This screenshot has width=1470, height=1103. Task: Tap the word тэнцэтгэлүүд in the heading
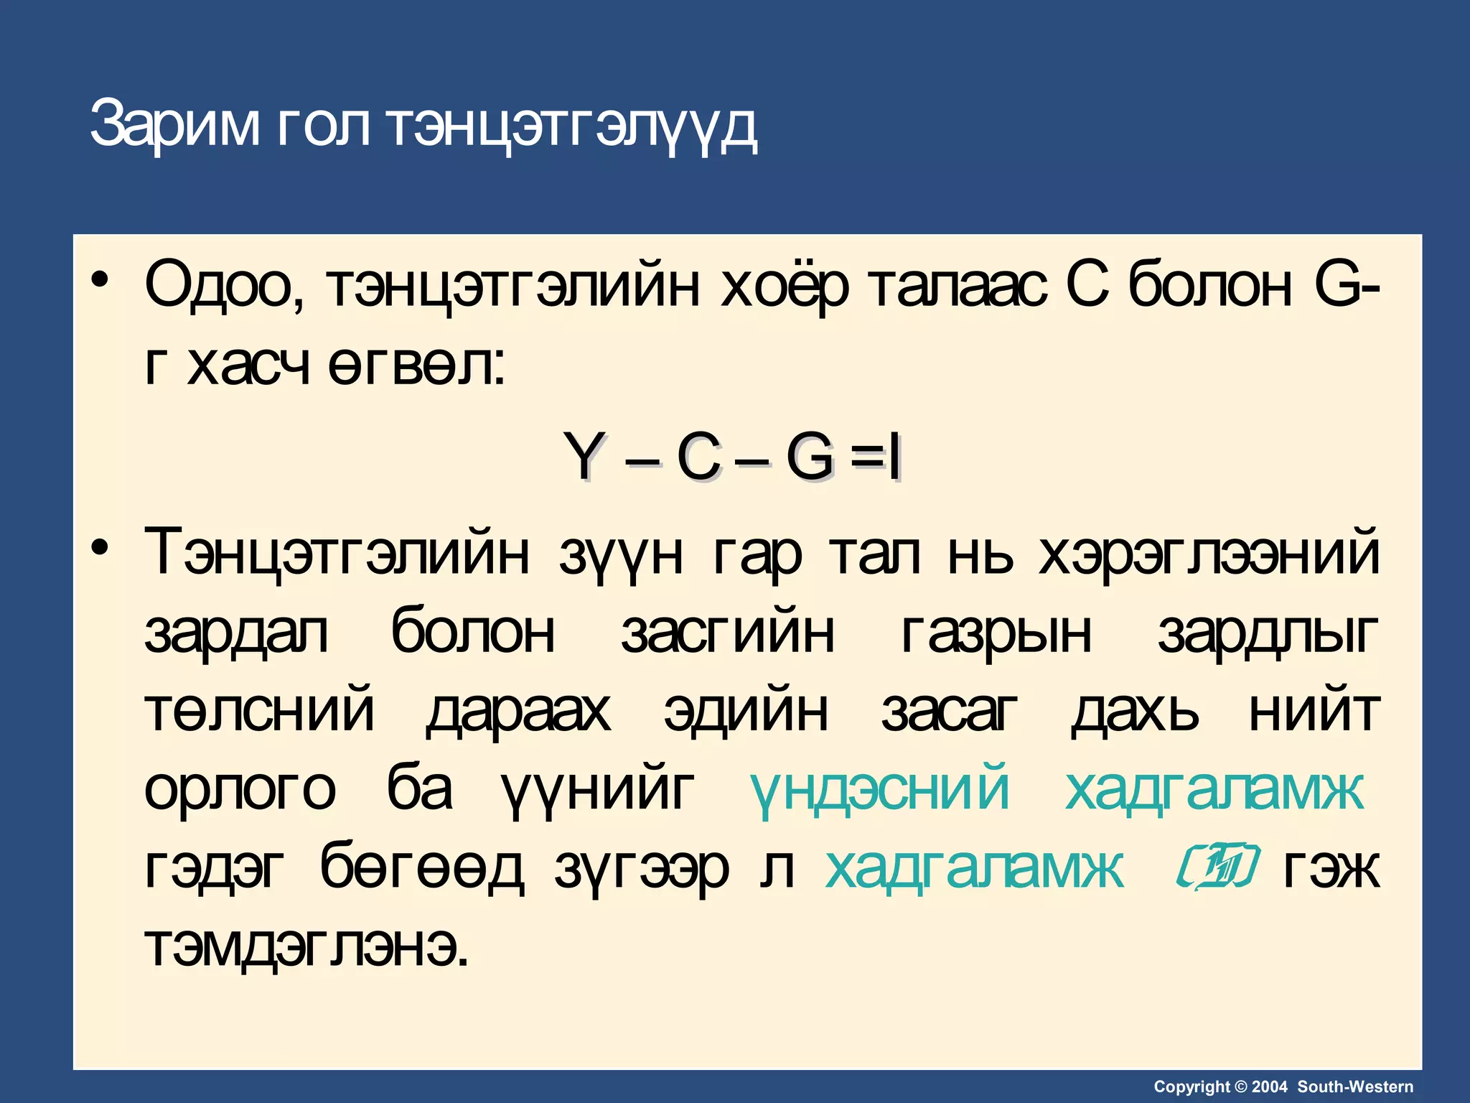(571, 126)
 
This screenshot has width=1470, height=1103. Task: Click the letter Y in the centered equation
(582, 457)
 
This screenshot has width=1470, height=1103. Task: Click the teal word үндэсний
(880, 788)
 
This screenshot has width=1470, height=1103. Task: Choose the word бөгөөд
(421, 867)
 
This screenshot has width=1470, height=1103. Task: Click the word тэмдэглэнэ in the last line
(306, 946)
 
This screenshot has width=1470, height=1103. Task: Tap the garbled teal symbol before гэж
(1217, 867)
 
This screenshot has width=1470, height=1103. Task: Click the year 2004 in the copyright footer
(1270, 1086)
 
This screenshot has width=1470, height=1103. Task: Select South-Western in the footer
(1355, 1086)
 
